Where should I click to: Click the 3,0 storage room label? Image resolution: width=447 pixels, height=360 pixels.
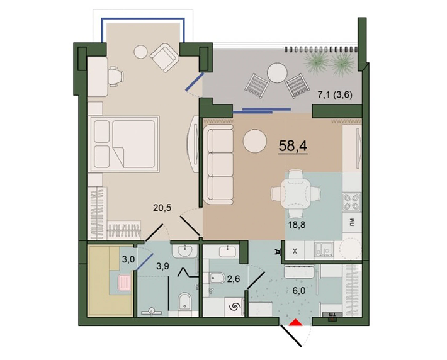pos(128,258)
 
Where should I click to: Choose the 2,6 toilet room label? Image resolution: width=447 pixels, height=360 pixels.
pos(234,278)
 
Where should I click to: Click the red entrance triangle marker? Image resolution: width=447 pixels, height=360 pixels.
pos(294,324)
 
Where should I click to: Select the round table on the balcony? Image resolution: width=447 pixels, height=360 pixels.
pos(277,74)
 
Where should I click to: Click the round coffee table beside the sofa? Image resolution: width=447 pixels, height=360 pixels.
pos(256,141)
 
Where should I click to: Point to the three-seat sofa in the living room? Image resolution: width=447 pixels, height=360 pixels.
pos(218,162)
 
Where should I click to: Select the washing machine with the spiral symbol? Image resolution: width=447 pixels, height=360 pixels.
pos(234,307)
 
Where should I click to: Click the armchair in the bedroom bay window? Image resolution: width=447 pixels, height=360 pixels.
pos(165,57)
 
